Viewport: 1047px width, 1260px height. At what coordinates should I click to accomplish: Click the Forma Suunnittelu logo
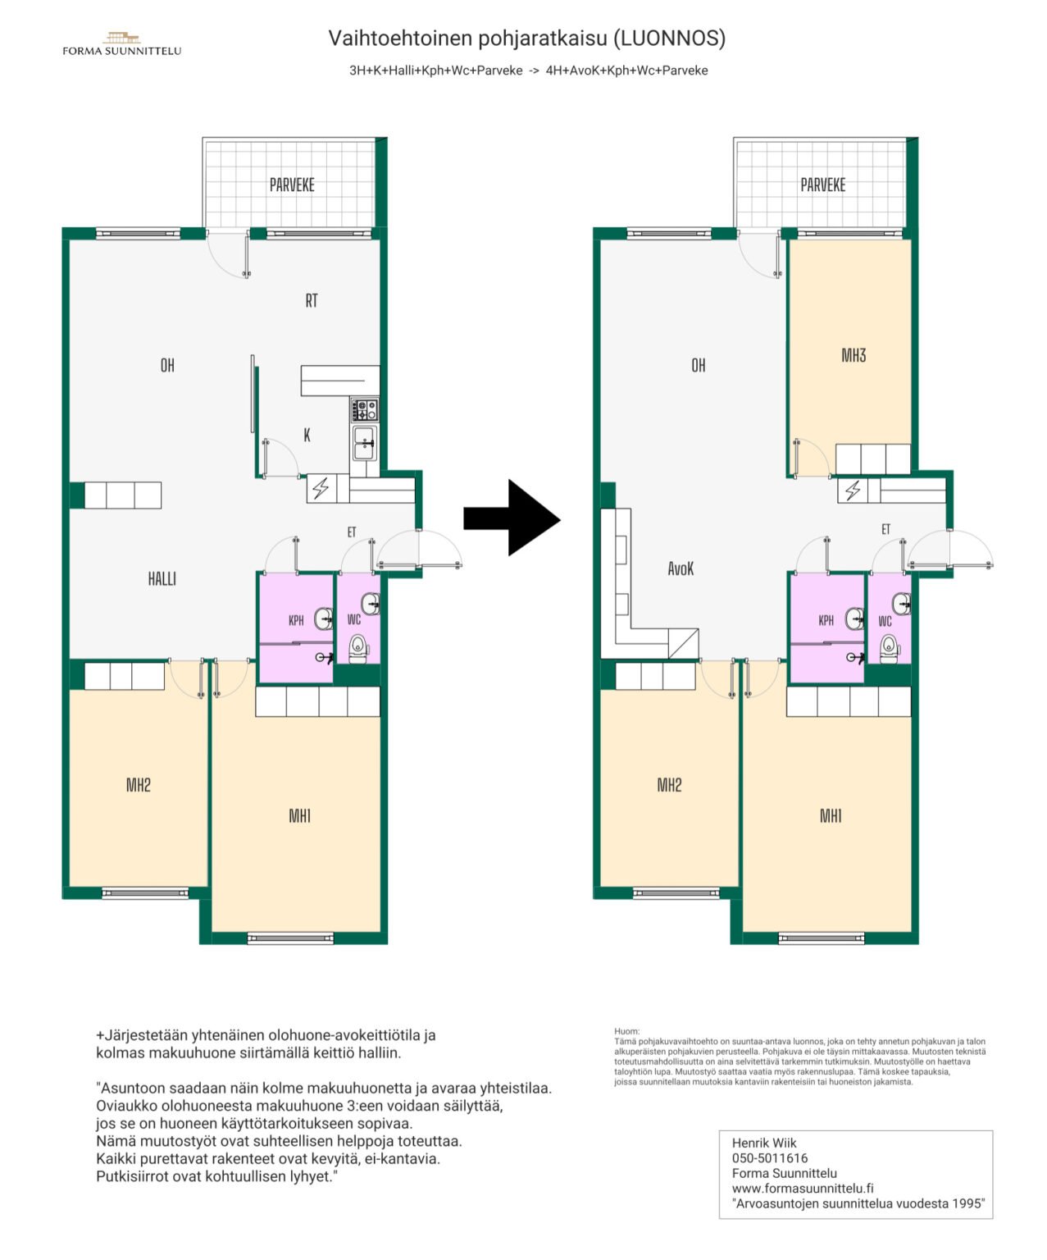tap(122, 44)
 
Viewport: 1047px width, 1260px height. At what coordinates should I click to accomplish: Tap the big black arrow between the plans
tap(512, 518)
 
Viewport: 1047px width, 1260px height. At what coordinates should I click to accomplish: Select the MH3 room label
tap(854, 355)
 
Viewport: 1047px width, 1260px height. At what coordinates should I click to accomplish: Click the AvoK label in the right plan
tap(681, 568)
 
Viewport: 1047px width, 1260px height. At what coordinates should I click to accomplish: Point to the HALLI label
tap(162, 579)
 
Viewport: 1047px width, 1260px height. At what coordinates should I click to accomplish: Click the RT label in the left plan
tap(312, 300)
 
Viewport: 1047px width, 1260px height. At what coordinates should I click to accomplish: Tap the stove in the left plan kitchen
tap(365, 409)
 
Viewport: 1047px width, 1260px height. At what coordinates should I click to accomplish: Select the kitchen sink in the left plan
tap(365, 444)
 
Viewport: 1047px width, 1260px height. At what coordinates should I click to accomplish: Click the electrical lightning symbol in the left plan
tap(321, 487)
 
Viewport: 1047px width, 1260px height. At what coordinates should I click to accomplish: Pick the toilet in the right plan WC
tap(890, 649)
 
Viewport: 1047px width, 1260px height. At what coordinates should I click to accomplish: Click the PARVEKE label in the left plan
tap(292, 185)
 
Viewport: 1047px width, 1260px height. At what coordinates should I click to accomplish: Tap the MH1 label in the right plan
tap(831, 816)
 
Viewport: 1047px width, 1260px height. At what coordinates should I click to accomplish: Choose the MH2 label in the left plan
tap(138, 784)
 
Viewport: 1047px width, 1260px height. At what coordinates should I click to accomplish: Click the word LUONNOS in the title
tap(670, 39)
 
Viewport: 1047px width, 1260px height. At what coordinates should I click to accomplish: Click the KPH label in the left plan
tap(296, 620)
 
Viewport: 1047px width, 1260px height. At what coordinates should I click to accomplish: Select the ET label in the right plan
tap(885, 529)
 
